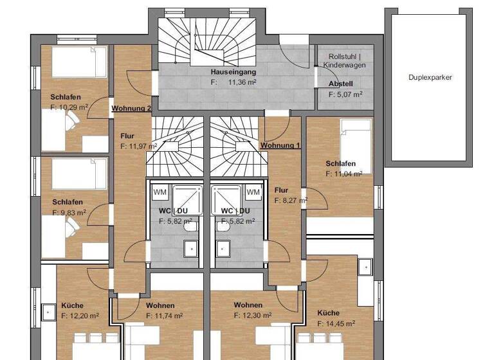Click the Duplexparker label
[x=430, y=77]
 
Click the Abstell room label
[x=341, y=84]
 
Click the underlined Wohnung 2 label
[x=131, y=108]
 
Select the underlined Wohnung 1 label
[x=280, y=146]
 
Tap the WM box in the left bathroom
[x=160, y=192]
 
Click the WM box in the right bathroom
[x=253, y=192]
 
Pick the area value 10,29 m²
[x=72, y=107]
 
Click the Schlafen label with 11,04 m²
[x=340, y=164]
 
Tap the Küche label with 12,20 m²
[x=72, y=305]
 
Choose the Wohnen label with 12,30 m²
[x=248, y=305]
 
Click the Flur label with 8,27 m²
[x=281, y=190]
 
